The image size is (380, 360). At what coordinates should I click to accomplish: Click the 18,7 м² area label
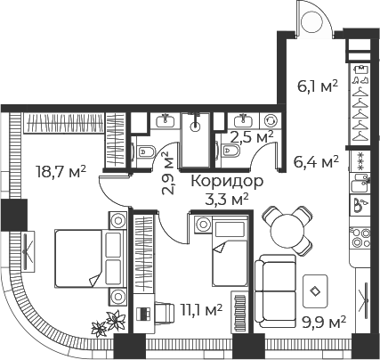[x=61, y=172]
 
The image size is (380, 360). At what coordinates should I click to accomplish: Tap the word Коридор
[x=227, y=182]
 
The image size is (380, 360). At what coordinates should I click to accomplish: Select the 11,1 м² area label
[x=202, y=310]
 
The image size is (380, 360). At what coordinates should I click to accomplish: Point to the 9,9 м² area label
[x=324, y=323]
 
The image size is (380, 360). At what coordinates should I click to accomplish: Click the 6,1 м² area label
[x=318, y=86]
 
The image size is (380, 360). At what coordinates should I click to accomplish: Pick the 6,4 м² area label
[x=316, y=162]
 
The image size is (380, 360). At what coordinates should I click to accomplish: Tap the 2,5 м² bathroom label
[x=252, y=137]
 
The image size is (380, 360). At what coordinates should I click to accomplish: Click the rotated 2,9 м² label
[x=169, y=173]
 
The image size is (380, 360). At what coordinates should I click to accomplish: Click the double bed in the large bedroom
[x=91, y=258]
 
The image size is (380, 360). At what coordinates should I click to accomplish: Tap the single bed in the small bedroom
[x=230, y=251]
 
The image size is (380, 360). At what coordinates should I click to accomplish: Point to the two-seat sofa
[x=276, y=291]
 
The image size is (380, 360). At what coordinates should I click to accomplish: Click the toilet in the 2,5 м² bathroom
[x=230, y=151]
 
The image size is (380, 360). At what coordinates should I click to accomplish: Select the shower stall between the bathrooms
[x=195, y=139]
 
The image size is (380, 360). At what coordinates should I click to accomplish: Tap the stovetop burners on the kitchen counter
[x=360, y=238]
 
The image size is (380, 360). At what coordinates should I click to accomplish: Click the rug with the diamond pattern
[x=315, y=291]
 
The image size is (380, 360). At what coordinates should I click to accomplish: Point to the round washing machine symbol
[x=271, y=120]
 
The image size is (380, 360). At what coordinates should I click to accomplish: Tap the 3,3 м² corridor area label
[x=227, y=199]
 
